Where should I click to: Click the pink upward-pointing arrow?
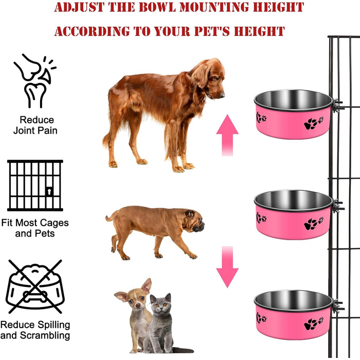227,135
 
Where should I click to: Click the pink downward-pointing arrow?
227,267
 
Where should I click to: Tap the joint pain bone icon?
34,81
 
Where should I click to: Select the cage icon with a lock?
35,186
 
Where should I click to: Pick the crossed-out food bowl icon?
35,286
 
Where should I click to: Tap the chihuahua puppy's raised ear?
147,286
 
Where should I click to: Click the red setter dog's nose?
222,95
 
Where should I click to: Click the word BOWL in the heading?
157,7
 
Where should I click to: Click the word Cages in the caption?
54,223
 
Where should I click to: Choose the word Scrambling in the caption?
45,336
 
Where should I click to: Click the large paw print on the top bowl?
311,124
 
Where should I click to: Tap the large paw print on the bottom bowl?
311,325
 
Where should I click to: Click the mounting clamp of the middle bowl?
337,206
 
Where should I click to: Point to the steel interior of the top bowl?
293,99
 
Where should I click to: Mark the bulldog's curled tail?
110,217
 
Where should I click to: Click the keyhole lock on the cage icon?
49,191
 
